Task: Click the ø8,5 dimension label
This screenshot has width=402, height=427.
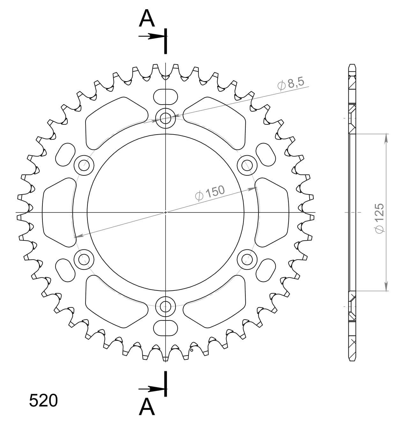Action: tap(291, 83)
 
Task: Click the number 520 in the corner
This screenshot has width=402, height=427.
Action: tap(43, 401)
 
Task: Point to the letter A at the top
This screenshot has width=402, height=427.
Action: tap(147, 18)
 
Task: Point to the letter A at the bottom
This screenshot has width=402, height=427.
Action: tap(147, 407)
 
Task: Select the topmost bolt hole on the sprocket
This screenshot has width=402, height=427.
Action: tap(165, 118)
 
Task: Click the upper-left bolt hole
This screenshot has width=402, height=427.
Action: tap(84, 165)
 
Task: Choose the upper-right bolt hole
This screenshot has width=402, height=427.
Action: tap(247, 165)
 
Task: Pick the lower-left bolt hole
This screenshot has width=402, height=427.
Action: tap(84, 259)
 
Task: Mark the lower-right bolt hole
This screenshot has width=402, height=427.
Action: tap(247, 259)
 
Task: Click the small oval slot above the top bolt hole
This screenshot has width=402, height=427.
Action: tap(165, 96)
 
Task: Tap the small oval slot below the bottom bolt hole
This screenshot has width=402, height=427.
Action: tap(165, 328)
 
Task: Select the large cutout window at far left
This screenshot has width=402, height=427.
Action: tap(58, 212)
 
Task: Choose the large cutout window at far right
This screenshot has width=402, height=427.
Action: tap(272, 212)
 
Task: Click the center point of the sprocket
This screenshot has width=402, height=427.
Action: tap(165, 212)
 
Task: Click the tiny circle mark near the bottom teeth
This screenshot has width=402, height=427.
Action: tap(191, 350)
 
